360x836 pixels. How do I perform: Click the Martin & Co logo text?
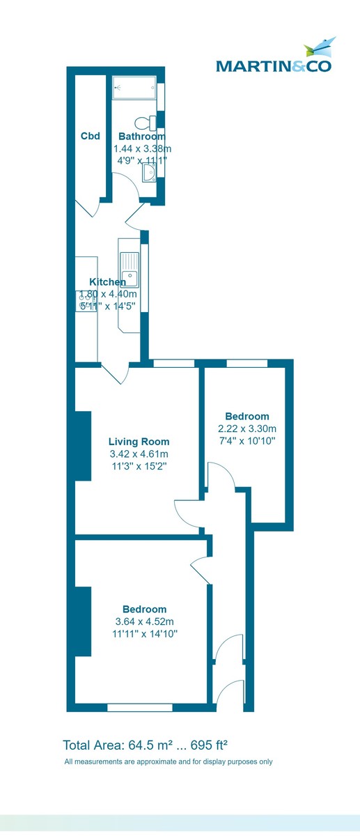tap(273, 66)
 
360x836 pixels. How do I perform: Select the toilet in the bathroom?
tap(146, 123)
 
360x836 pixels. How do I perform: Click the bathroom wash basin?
tap(149, 171)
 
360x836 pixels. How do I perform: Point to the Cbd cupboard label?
tap(91, 136)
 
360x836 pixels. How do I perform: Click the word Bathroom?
tap(141, 137)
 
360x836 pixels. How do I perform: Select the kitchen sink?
tap(129, 270)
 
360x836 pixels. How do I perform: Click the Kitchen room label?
tap(103, 282)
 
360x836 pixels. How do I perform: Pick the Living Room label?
tap(139, 442)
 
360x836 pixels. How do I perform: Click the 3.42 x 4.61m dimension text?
tap(139, 454)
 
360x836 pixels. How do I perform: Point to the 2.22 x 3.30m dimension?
tap(247, 428)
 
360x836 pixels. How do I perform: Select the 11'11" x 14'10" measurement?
tap(146, 634)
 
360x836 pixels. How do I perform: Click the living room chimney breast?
tap(83, 446)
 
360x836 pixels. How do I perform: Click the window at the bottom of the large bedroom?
tap(140, 707)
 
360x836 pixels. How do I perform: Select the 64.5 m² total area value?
tap(147, 743)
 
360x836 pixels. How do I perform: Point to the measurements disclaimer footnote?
tap(169, 761)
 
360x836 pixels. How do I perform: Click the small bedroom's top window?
tap(247, 363)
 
